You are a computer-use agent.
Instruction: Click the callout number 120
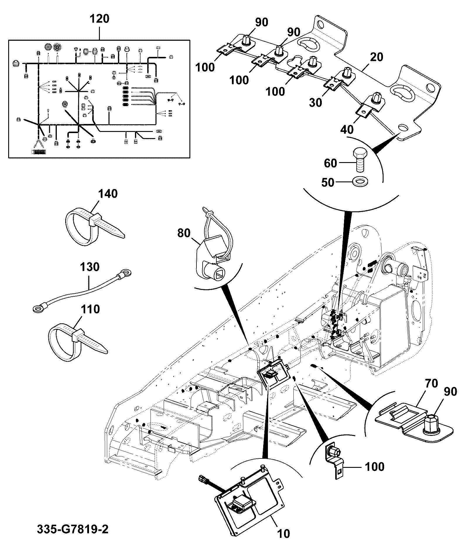point(99,19)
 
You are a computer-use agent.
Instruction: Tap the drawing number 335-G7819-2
point(73,529)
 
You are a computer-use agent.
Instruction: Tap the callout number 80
point(184,233)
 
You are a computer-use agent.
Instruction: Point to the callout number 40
point(347,129)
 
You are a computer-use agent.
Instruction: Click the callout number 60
point(331,163)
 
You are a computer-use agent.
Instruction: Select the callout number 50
point(328,182)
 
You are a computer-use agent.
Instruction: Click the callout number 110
point(90,309)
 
